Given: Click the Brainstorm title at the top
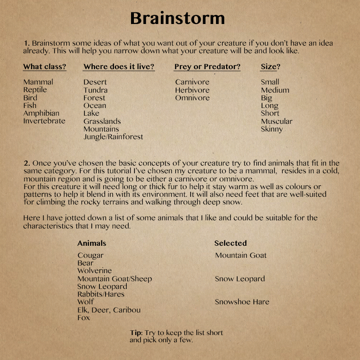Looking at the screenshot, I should tap(178, 18).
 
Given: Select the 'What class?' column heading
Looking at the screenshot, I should tap(45, 67).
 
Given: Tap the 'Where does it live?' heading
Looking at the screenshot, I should tap(119, 67).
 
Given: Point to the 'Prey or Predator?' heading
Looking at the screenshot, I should tap(207, 67).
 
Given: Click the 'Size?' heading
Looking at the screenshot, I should tap(271, 67).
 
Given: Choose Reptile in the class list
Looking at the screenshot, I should tap(35, 90).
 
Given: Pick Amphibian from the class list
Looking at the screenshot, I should tap(41, 113).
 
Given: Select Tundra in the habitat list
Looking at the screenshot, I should tap(95, 90).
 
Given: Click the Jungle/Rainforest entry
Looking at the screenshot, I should tap(113, 137).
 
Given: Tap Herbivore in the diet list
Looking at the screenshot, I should tap(192, 90).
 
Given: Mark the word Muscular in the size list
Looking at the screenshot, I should tap(276, 121).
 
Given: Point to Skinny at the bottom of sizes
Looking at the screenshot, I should tap(272, 129).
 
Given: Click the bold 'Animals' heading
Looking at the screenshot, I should tap(92, 243).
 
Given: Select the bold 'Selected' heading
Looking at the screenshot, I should tap(230, 243).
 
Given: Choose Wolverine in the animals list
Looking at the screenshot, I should tap(95, 271).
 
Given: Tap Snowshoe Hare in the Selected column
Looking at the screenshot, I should tap(242, 302).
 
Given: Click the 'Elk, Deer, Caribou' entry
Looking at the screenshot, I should tap(109, 310).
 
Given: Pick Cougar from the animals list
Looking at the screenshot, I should tap(90, 255).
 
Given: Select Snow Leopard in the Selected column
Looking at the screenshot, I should tap(240, 278).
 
